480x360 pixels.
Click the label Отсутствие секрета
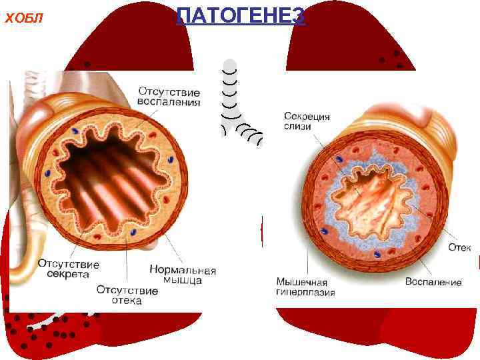tap(69, 269)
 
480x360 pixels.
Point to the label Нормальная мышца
tap(183, 275)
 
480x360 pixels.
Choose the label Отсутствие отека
tap(127, 295)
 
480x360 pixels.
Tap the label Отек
tap(459, 247)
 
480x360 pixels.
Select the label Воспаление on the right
tap(433, 282)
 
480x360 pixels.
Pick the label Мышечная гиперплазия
tap(305, 286)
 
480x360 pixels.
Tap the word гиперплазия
tap(305, 292)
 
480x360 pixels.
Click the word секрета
tap(69, 274)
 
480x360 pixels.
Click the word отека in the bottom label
tap(127, 301)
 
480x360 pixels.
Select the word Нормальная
tap(183, 270)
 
